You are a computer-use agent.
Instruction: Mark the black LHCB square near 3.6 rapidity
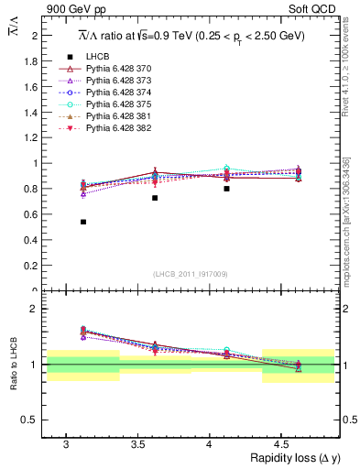(155, 198)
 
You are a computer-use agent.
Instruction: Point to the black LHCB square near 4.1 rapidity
(226, 189)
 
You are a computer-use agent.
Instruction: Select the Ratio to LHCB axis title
(12, 366)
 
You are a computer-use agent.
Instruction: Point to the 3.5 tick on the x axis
(136, 443)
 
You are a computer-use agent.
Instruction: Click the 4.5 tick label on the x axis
(280, 443)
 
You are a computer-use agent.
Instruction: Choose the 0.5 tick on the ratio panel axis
(34, 420)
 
